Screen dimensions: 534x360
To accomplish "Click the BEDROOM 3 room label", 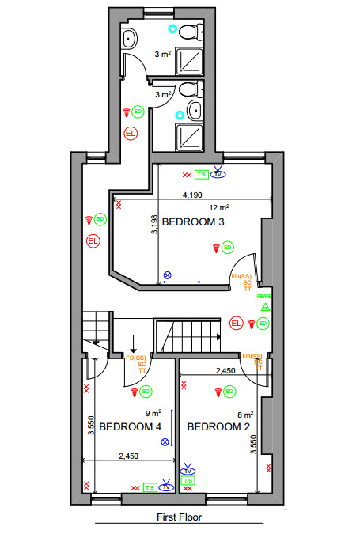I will tap(193, 223).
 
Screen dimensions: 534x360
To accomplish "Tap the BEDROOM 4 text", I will tap(130, 426).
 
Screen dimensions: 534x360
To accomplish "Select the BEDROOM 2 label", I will tap(218, 426).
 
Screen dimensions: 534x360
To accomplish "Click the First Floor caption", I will tap(179, 517).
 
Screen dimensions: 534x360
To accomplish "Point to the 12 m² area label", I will tap(218, 207).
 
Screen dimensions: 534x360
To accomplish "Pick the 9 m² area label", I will tap(153, 412).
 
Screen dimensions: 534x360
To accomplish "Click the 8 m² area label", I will tap(244, 413).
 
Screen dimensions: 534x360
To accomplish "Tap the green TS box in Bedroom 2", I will tap(188, 479).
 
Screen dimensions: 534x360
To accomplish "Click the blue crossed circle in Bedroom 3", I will tap(167, 275).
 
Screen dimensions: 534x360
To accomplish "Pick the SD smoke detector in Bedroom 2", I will tap(229, 391).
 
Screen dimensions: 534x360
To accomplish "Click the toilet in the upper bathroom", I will tap(188, 32).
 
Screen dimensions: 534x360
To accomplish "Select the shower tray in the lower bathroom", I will tap(188, 136).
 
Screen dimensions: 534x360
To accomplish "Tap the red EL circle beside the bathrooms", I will tap(131, 133).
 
